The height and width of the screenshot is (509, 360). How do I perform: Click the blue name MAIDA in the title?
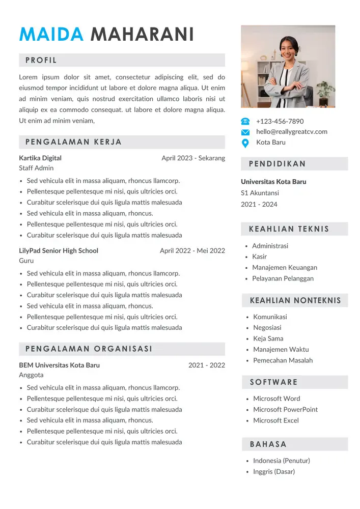point(51,35)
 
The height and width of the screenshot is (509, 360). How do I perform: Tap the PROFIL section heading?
point(41,60)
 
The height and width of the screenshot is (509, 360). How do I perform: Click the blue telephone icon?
point(245,121)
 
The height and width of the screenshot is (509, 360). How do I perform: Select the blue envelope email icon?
point(245,132)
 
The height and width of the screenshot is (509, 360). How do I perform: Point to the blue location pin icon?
point(245,143)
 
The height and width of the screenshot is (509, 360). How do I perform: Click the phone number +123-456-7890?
point(280,121)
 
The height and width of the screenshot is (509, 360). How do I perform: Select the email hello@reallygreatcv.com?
point(291,132)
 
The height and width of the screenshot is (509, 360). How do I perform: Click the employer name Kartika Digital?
point(40,158)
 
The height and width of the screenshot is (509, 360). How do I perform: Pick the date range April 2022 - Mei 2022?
point(192,250)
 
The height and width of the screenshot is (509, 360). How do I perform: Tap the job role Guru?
point(26,261)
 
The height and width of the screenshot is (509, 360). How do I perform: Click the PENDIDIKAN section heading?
point(278,164)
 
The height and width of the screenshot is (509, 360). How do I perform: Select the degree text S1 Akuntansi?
point(260,193)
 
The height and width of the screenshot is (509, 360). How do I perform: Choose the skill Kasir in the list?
point(259,257)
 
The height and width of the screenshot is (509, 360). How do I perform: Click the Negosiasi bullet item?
point(267,328)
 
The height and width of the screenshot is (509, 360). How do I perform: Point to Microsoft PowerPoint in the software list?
point(285,409)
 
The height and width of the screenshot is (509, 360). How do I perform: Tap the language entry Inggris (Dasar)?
point(273,472)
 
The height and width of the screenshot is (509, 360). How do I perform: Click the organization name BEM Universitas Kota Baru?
point(59,365)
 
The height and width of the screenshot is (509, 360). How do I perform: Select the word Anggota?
point(31,375)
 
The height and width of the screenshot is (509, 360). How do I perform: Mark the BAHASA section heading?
point(268,444)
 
